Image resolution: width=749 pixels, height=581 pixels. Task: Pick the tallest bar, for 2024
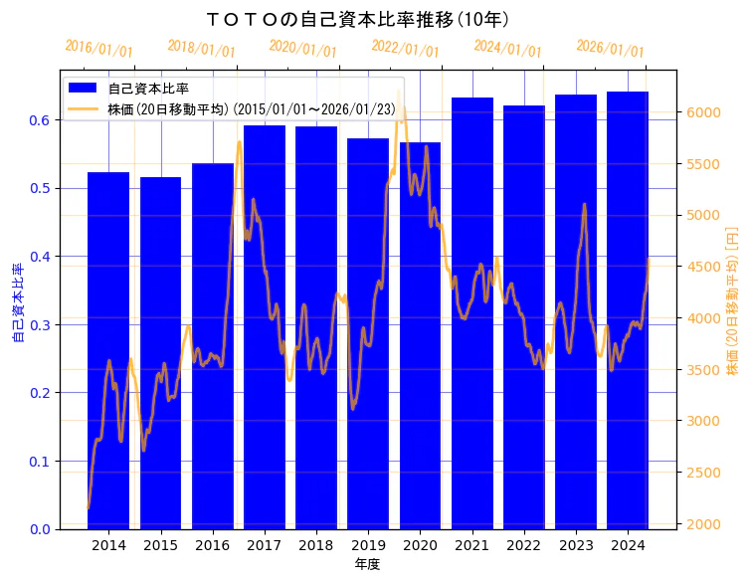click(628, 309)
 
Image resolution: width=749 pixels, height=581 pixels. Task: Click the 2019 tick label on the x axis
click(368, 545)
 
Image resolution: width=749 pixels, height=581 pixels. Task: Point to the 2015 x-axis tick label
click(160, 545)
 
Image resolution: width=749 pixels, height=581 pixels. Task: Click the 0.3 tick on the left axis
click(41, 324)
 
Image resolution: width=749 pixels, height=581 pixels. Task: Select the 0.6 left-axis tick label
click(41, 120)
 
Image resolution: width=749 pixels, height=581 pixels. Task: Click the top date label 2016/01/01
click(98, 49)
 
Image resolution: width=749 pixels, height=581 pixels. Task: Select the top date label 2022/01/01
click(405, 49)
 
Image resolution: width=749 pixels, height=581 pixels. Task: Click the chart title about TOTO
click(357, 19)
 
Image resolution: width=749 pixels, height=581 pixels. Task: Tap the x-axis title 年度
click(367, 564)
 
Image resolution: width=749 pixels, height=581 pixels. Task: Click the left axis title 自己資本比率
click(17, 303)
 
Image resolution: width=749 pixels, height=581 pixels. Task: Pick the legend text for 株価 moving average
click(250, 107)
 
